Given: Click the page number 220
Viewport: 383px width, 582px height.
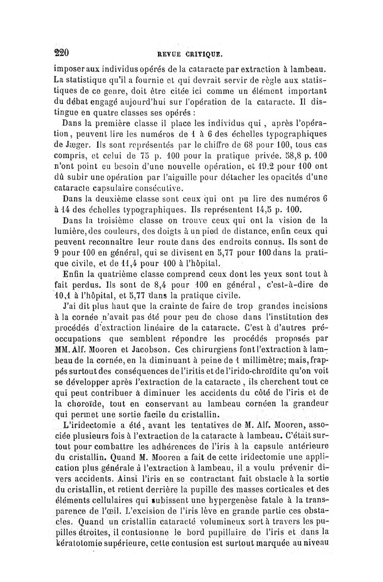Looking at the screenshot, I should pyautogui.click(x=61, y=52).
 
